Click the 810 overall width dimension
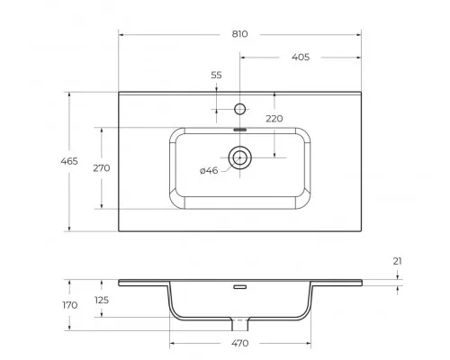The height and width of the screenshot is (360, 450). click(239, 33)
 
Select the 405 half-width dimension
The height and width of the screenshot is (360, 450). click(301, 57)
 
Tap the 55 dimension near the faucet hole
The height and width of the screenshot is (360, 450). click(216, 76)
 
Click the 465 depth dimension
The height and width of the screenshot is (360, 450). click(70, 161)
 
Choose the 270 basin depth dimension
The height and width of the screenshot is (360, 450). click(102, 168)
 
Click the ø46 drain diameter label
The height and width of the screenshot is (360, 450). click(209, 170)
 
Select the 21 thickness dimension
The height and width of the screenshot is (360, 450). click(397, 261)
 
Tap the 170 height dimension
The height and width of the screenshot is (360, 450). click(70, 305)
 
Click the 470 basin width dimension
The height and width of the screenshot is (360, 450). click(239, 343)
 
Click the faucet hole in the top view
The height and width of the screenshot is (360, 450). click(239, 109)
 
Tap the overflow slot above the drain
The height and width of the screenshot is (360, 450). click(239, 130)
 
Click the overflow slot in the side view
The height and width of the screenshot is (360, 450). click(239, 288)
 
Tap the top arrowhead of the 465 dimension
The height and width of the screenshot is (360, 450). click(70, 94)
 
